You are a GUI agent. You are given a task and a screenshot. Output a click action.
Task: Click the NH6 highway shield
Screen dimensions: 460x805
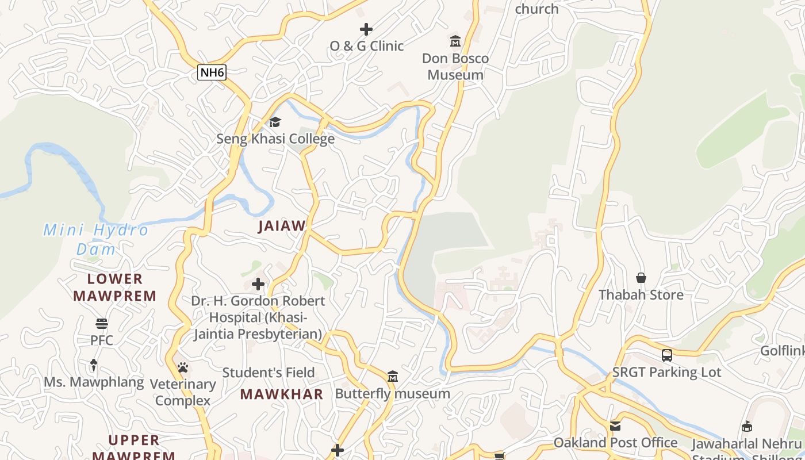coord(212,72)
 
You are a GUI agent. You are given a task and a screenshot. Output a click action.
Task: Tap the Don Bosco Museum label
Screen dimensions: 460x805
coord(455,67)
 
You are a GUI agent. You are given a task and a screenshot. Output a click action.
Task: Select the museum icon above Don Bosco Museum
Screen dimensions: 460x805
coord(455,41)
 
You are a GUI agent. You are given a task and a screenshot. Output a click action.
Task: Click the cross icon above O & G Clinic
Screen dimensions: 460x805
coord(366,29)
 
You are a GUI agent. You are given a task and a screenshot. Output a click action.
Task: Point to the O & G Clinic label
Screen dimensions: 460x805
coord(366,46)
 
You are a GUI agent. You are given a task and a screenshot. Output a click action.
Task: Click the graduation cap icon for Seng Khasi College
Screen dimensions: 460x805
coord(275,122)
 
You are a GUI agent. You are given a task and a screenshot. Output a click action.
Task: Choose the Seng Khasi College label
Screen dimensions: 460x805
coord(275,139)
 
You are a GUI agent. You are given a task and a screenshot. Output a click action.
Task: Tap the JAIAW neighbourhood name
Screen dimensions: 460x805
coord(282,226)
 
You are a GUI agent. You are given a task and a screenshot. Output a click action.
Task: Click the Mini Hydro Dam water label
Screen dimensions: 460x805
coord(96,239)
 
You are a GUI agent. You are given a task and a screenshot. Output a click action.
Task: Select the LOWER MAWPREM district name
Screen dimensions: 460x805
coord(115,287)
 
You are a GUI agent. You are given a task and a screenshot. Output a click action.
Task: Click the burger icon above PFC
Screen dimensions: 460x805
coord(102,323)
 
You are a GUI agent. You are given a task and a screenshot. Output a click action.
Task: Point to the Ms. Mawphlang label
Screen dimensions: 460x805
coord(94,382)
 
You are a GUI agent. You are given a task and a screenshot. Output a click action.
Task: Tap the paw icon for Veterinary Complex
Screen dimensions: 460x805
coord(183,367)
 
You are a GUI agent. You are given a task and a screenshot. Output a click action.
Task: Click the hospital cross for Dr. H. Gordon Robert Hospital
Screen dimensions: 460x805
coord(258,284)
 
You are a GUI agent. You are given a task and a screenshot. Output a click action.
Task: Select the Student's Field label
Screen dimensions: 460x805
coord(269,373)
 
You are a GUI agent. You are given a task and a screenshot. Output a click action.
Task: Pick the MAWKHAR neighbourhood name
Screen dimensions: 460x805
coord(281,394)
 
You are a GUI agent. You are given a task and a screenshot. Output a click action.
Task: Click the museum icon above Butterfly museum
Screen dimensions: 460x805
coord(393,377)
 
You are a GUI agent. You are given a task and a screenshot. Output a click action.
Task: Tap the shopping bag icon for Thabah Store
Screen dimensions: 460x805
coord(641,278)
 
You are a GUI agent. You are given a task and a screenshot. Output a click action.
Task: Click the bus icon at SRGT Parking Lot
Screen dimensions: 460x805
coord(666,355)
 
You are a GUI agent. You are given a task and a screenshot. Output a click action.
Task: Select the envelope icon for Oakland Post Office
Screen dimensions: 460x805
coord(615,425)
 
